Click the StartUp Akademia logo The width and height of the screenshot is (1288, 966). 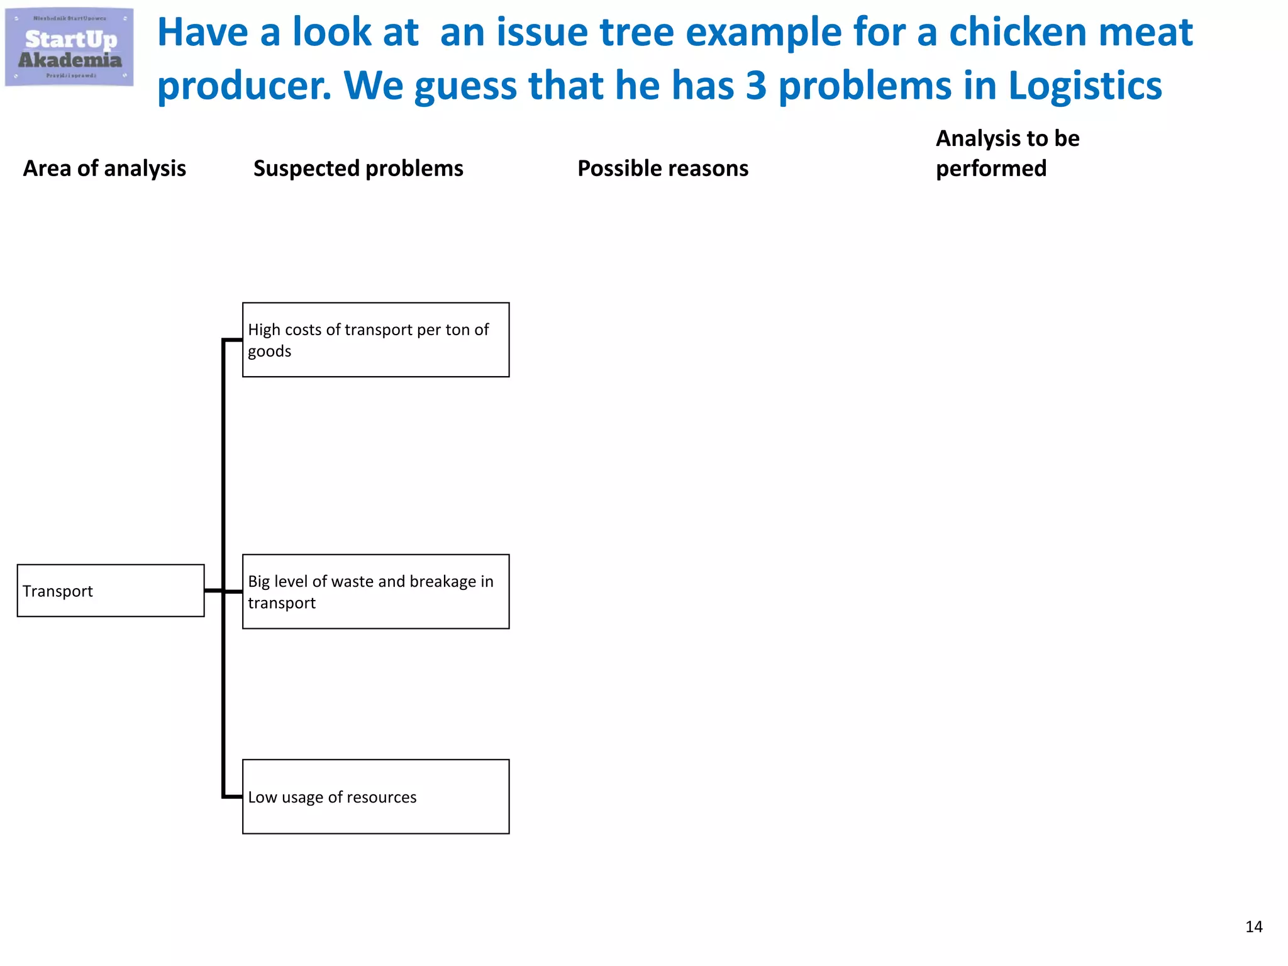point(69,47)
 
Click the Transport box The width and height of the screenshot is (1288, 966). point(111,591)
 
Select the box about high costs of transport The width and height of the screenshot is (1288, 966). point(375,340)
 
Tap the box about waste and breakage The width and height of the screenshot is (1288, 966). point(375,591)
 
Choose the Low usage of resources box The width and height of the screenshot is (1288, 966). point(375,796)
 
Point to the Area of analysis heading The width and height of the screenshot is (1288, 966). point(104,169)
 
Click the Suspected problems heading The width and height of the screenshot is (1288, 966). point(358,169)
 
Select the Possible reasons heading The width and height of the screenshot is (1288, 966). point(663,169)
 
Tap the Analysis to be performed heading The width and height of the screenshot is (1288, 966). point(1007,153)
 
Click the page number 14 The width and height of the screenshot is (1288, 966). point(1253,926)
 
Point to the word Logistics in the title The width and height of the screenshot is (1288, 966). point(1085,86)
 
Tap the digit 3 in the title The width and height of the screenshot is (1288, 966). point(756,86)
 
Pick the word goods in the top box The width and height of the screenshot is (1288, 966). point(269,351)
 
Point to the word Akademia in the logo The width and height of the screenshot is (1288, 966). point(70,60)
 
